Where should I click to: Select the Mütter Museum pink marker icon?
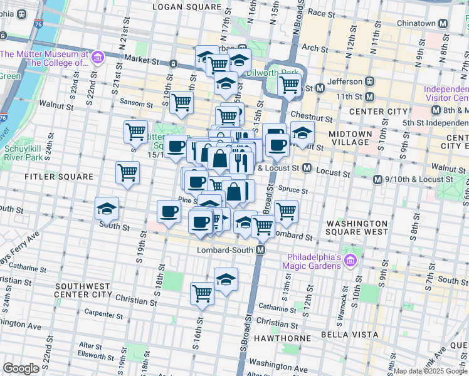click(97, 59)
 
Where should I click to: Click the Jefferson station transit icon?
click(370, 81)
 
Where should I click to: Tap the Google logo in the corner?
click(21, 368)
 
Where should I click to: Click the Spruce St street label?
click(295, 191)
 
